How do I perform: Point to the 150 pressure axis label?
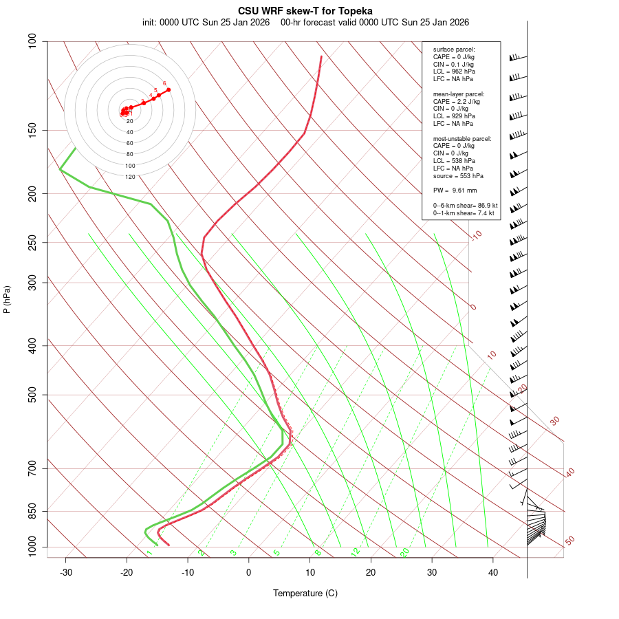32,130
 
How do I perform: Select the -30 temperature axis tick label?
66,572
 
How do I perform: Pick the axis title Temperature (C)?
305,593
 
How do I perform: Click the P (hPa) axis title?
7,299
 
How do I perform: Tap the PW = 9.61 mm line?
455,191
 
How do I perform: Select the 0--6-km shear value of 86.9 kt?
465,206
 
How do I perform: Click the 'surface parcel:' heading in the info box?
454,50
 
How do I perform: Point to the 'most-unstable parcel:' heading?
462,138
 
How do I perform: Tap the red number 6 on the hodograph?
164,83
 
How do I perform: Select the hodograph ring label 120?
130,177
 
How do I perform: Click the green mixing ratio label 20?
404,552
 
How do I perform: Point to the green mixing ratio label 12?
356,552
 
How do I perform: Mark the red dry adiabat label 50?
569,541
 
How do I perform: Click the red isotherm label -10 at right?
476,235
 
